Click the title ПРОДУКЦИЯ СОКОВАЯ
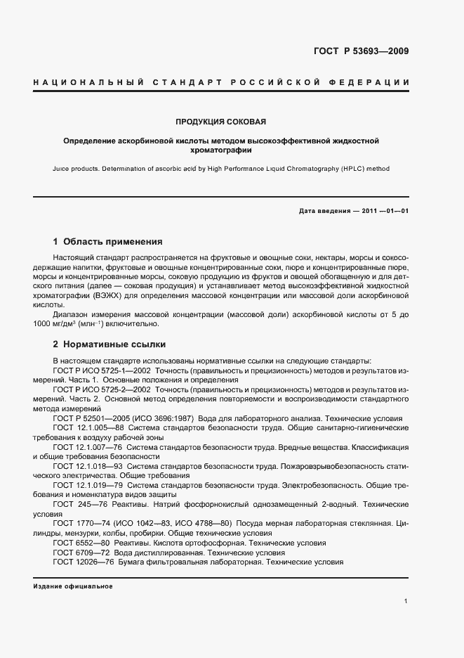pos(221,122)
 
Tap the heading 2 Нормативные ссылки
pos(110,345)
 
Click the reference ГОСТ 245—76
pos(79,505)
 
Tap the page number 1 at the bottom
pos(406,601)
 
